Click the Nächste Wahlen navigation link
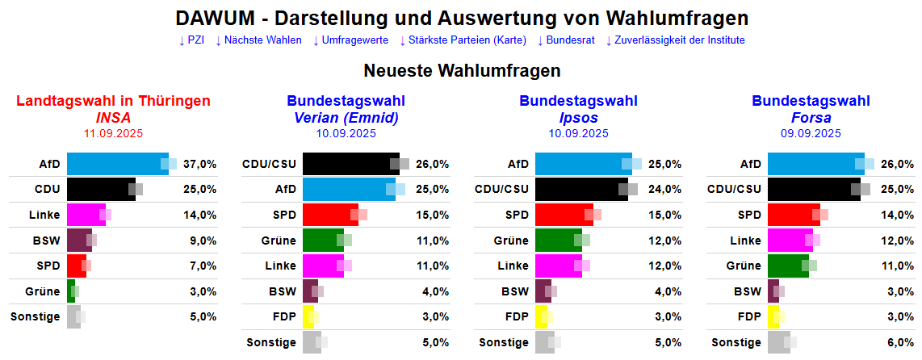(x=258, y=40)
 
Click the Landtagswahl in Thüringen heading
(x=113, y=101)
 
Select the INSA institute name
(x=113, y=118)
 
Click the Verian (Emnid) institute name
(x=346, y=118)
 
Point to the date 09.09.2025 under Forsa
(x=811, y=134)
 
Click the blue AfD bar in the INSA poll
(x=116, y=164)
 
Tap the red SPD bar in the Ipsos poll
(x=564, y=215)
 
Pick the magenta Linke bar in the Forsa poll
(x=790, y=241)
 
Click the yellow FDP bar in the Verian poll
(x=308, y=317)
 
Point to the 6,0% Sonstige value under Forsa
(x=900, y=342)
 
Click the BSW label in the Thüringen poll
(x=48, y=241)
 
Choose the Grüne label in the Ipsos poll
(x=511, y=241)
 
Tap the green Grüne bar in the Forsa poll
(x=787, y=266)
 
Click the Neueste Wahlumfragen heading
(x=462, y=71)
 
